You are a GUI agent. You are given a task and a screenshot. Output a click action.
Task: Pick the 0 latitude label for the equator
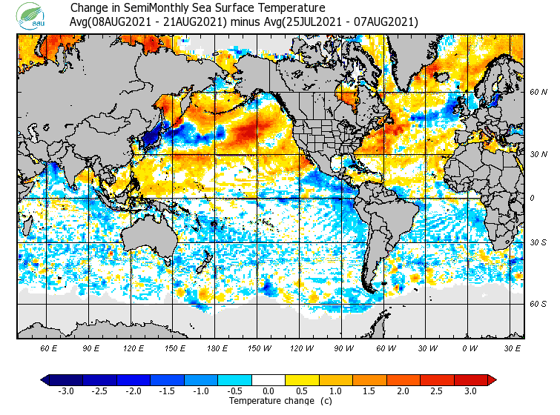532,198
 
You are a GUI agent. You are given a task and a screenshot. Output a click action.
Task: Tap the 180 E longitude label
217,348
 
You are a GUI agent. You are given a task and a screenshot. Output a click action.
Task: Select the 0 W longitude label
469,348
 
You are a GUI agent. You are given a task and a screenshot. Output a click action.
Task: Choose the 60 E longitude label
48,348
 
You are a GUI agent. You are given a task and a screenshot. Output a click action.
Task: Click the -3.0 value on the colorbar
66,391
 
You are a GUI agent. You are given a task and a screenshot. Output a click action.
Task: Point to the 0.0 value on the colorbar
269,391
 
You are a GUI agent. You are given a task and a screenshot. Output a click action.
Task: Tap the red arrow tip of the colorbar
492,380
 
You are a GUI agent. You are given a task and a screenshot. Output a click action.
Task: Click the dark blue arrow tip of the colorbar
45,380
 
